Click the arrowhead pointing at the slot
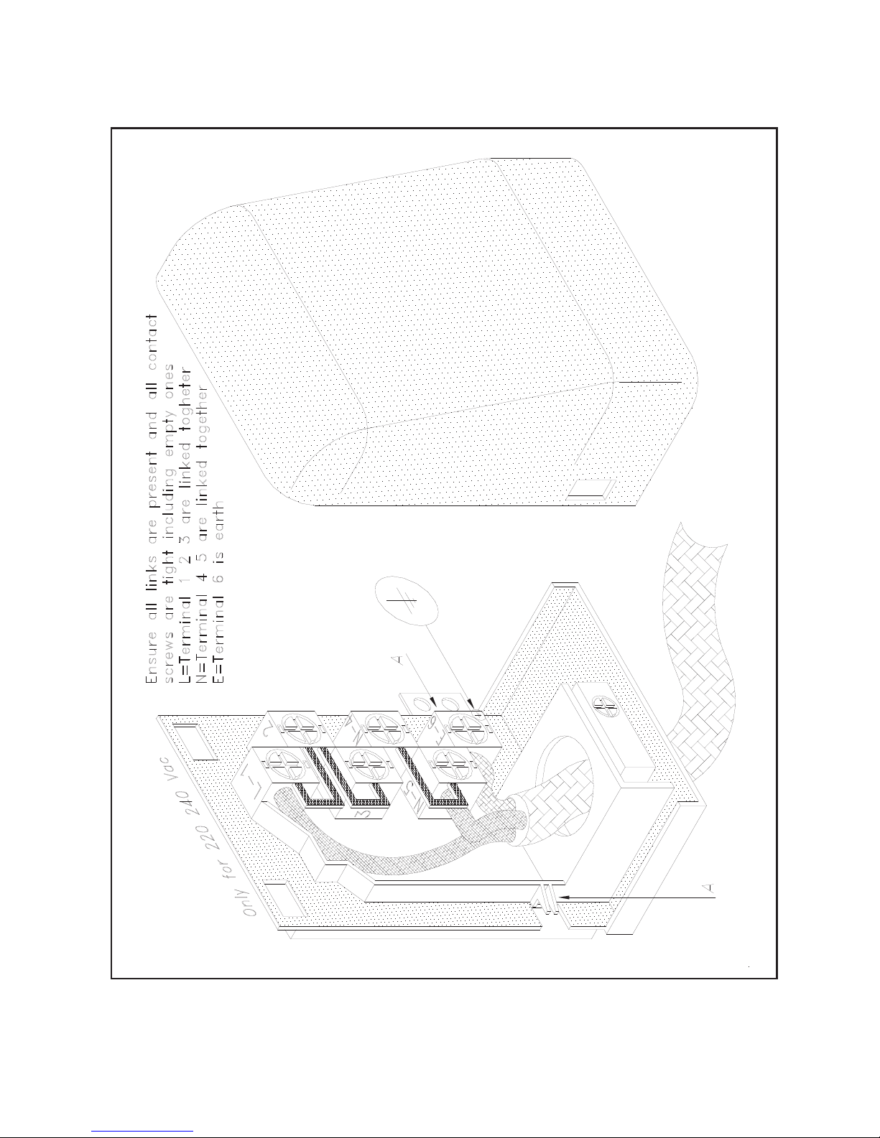565,897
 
